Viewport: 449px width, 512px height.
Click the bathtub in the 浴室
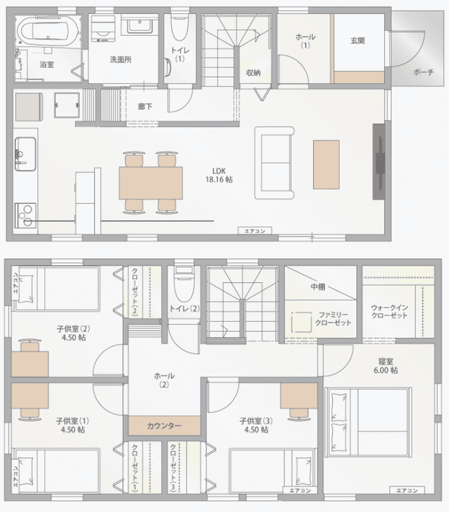49,32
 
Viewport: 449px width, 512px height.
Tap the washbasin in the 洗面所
140,24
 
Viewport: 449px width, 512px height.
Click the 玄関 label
357,41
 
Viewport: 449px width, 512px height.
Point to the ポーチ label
424,72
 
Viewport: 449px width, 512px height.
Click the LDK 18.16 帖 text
219,175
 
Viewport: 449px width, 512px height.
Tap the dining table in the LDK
150,183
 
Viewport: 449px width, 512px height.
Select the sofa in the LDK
274,163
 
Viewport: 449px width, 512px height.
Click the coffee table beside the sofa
326,164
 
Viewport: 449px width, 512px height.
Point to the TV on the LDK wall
379,161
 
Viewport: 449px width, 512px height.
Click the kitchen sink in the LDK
25,154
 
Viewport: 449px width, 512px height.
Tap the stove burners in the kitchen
25,215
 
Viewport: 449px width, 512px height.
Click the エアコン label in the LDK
255,231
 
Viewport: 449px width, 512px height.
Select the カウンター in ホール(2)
164,425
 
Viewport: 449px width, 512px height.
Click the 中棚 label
317,287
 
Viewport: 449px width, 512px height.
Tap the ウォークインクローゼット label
390,312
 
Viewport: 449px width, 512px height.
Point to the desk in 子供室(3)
299,396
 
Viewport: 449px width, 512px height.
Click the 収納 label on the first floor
253,73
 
